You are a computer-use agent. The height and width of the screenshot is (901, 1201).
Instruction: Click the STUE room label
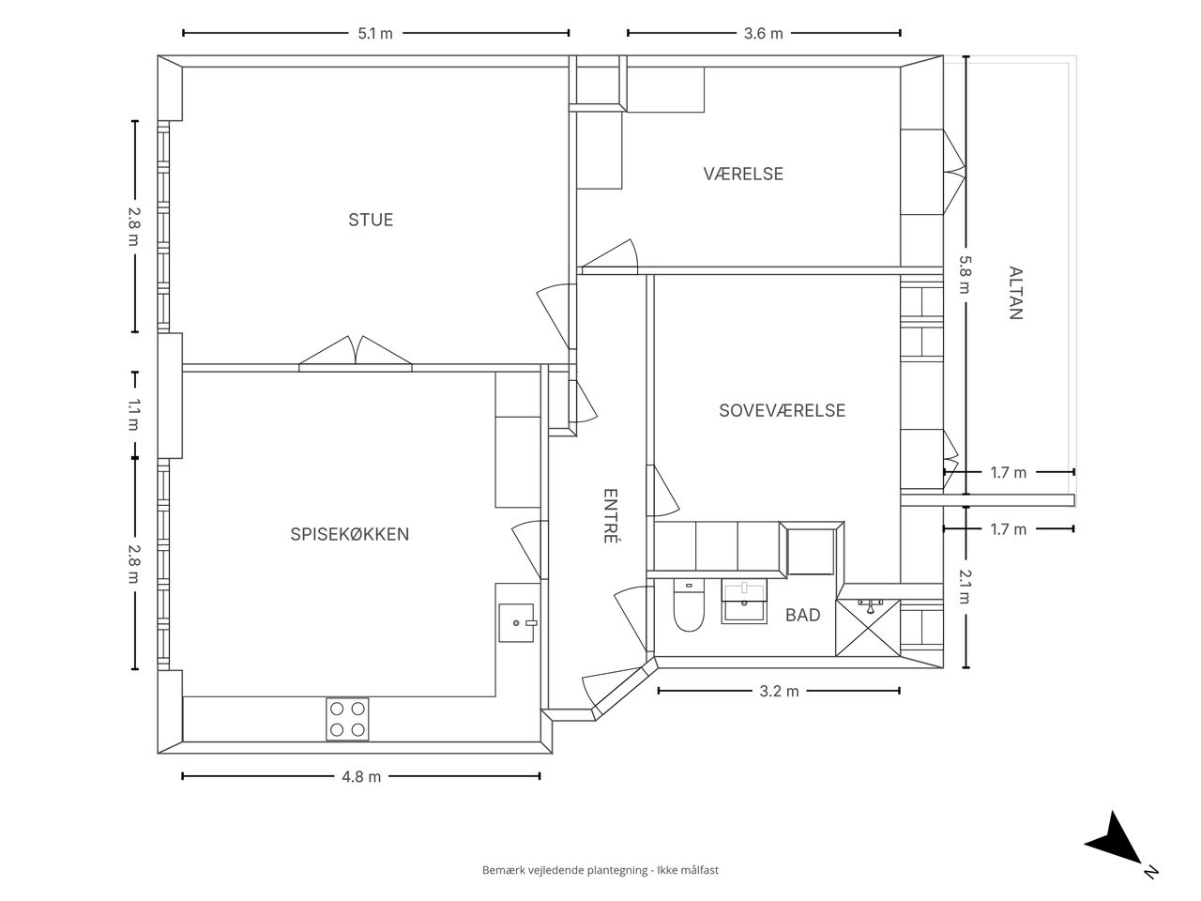371,220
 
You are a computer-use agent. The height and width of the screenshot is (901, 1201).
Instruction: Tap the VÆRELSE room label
743,174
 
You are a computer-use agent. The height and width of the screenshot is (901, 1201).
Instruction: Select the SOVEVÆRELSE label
782,410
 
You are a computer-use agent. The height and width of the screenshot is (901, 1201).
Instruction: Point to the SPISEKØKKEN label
350,534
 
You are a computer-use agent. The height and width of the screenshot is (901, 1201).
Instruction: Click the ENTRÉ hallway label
610,516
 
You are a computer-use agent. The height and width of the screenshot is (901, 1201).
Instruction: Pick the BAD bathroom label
802,615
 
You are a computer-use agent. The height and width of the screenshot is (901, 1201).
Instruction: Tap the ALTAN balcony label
1015,293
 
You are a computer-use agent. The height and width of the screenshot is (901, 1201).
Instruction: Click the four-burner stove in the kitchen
347,719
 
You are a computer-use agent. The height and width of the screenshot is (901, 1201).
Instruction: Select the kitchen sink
517,623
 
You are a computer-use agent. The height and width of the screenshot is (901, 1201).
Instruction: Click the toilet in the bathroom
689,605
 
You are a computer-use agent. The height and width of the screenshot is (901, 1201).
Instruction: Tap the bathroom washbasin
744,602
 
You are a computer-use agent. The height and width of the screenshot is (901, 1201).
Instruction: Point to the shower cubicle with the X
868,628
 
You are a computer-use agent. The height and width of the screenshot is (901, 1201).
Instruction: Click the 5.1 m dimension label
375,34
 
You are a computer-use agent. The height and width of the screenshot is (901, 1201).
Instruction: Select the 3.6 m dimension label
763,34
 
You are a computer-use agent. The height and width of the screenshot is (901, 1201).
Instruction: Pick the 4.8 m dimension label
361,777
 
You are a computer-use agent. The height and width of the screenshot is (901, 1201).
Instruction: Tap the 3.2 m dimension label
779,692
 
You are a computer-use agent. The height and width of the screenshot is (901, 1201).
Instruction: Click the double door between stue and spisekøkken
356,354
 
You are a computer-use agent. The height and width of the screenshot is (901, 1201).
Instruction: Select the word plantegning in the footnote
617,870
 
